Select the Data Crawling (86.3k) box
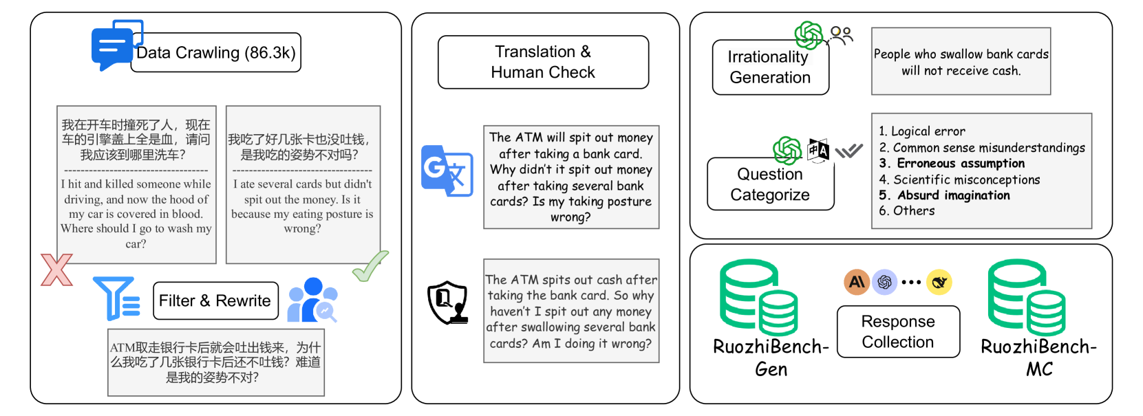216,53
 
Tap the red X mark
56,270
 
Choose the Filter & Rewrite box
215,300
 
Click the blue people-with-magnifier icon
312,300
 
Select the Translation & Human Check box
543,62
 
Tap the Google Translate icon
447,171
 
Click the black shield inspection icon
447,302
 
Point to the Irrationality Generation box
770,67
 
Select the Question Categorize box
770,184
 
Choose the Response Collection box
898,331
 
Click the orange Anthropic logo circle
857,282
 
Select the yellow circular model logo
939,282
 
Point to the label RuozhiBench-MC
1038,358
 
